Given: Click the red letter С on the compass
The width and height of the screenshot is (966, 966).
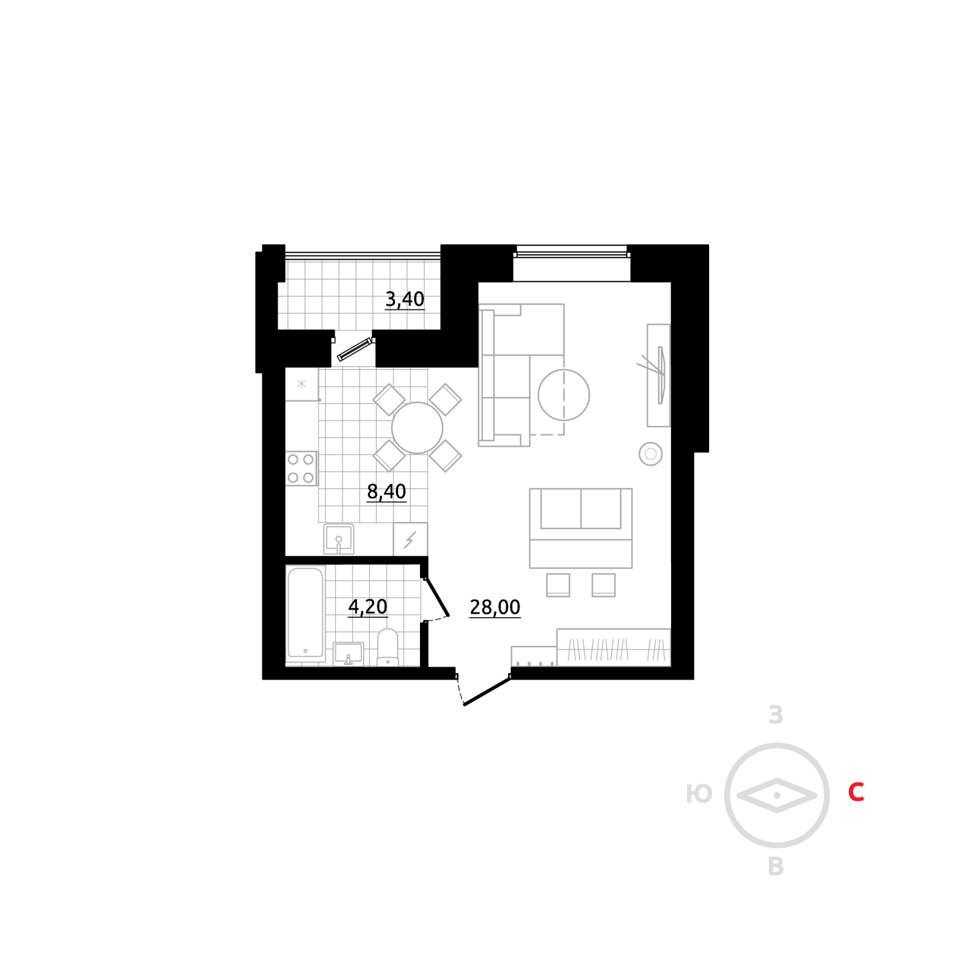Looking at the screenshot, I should coord(856,792).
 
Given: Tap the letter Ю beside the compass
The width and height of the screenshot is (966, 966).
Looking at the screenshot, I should coord(699,794).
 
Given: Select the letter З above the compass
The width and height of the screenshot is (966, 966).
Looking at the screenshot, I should coord(776,715).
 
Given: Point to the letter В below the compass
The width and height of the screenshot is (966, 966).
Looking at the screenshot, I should coord(776,867).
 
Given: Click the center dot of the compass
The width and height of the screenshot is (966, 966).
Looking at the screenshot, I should coord(777,796).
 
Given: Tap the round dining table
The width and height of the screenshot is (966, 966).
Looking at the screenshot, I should coord(417,428).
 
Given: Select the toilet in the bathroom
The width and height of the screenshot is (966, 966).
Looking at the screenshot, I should coord(388,648).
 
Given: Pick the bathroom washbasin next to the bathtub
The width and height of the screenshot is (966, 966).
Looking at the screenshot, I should coord(348,653).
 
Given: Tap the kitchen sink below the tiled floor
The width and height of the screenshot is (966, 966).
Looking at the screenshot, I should coord(339,539).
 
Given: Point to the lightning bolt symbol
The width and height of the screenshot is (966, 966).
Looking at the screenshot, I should coord(410,540).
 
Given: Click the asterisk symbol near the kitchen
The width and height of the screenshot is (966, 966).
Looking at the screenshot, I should coord(301,384).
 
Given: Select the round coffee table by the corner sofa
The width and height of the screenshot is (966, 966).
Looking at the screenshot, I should coord(564,395).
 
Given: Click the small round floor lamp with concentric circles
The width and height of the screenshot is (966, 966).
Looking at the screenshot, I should coord(651,454).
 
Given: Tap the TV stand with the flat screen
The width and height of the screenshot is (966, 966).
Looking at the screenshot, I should coord(659,376).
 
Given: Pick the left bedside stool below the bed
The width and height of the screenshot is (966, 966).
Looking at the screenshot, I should coord(558,585).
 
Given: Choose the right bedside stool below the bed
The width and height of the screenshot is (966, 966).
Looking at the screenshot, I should coord(603,585).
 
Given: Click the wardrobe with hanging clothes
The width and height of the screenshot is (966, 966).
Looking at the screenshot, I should coord(613,648).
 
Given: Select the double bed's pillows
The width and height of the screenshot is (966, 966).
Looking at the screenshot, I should coord(581,509).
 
